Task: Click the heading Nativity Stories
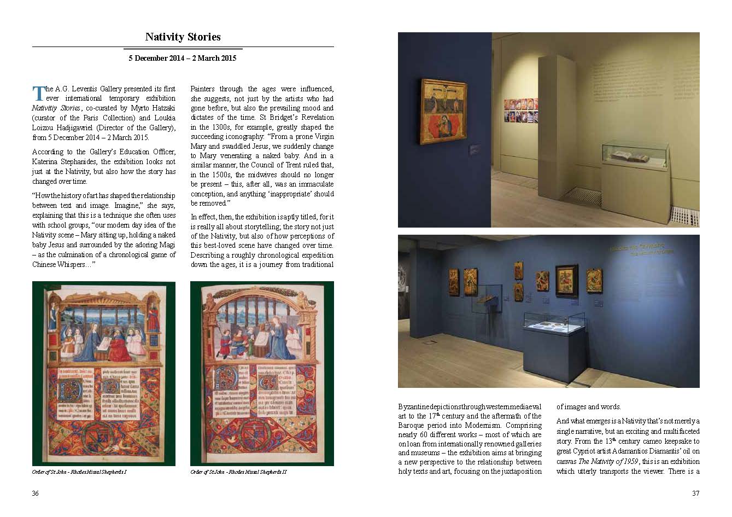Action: tap(183, 37)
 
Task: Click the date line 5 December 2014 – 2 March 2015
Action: tap(183, 58)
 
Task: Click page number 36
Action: tap(36, 493)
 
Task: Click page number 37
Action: tap(695, 493)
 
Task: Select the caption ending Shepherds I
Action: tap(79, 472)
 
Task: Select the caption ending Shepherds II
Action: tap(238, 472)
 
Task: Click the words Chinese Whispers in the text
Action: tap(62, 265)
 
